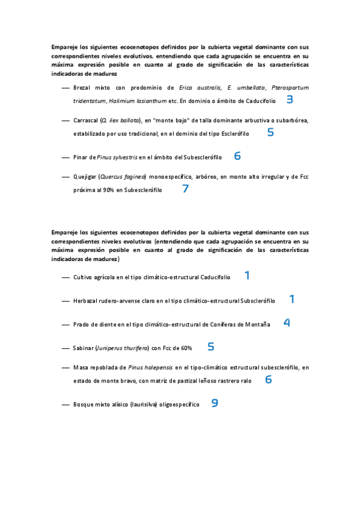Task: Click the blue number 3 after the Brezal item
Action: click(x=290, y=100)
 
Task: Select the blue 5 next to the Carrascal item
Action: click(x=270, y=132)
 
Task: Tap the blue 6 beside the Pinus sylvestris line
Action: click(x=237, y=156)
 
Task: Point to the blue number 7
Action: click(x=186, y=189)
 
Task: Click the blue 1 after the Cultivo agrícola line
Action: click(x=247, y=275)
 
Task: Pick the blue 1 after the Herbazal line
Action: click(x=291, y=299)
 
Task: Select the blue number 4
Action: click(x=287, y=322)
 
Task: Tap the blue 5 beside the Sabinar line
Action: click(x=211, y=346)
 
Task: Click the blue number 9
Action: click(x=215, y=404)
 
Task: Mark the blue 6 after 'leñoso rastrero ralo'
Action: click(x=269, y=379)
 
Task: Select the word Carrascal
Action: click(x=85, y=120)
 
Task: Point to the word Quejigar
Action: click(x=85, y=177)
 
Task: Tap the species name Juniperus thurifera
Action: click(x=123, y=348)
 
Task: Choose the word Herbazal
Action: click(x=85, y=301)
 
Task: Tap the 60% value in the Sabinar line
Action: click(x=186, y=348)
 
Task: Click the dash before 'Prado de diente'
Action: click(x=66, y=325)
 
